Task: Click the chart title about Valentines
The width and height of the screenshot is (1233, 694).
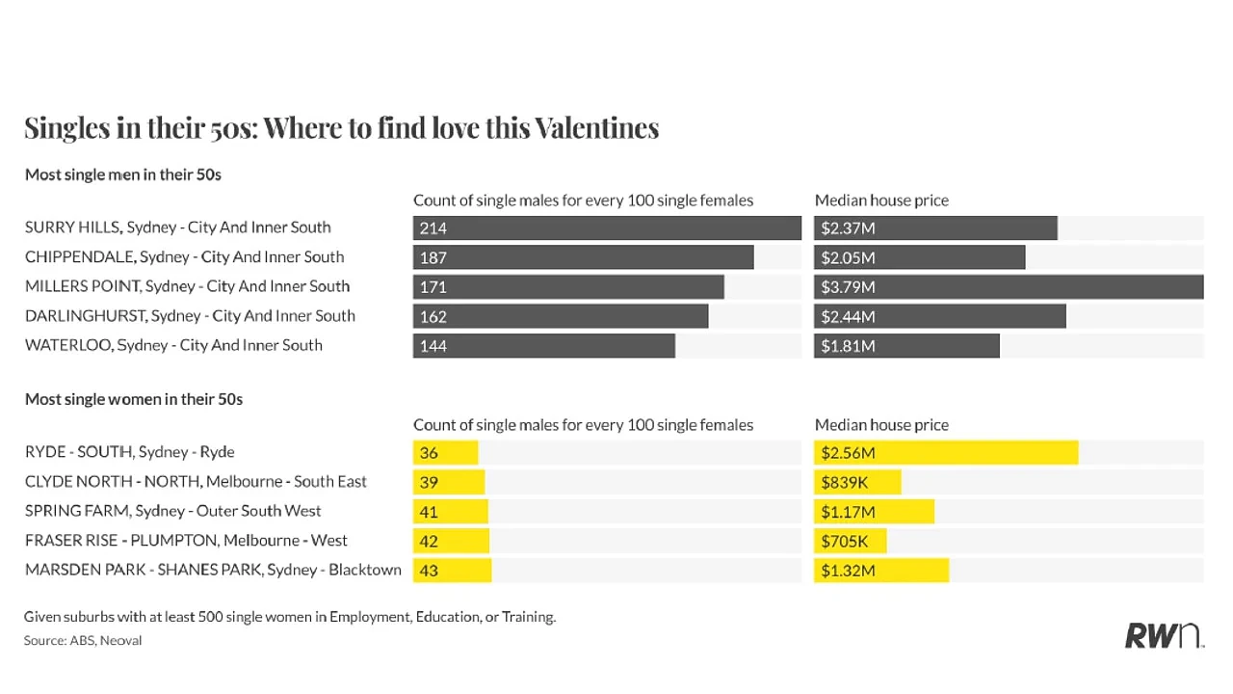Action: point(341,128)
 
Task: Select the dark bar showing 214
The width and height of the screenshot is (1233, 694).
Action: point(607,228)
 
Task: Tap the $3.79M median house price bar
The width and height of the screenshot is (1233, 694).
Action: point(1009,287)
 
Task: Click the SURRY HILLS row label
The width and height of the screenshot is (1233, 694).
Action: point(178,227)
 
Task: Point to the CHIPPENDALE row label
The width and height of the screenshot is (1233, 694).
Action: point(184,257)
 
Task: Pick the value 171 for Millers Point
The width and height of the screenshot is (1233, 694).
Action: point(433,287)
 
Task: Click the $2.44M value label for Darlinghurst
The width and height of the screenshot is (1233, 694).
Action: point(849,317)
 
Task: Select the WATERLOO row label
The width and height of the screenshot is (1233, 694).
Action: point(173,345)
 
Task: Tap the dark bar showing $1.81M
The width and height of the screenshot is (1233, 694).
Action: point(907,346)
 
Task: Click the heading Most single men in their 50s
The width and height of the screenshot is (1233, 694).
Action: point(122,174)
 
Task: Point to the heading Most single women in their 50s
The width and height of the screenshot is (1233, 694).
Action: point(134,399)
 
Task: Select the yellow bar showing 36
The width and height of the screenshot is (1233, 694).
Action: point(446,453)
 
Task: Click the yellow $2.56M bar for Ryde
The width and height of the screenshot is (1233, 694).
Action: point(946,453)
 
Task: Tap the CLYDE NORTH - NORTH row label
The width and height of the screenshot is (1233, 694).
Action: point(196,482)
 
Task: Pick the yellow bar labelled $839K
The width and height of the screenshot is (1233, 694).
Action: point(857,483)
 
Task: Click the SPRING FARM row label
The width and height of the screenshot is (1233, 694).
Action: point(172,511)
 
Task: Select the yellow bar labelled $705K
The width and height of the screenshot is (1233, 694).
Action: point(851,541)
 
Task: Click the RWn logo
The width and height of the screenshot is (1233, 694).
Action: point(1165,635)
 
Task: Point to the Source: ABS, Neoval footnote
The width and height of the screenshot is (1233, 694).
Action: point(83,641)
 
